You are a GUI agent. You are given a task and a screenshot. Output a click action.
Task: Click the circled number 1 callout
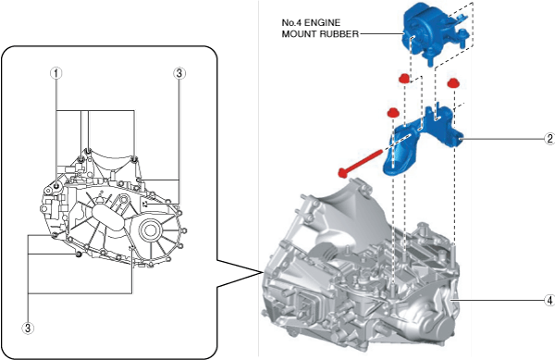(x=55, y=73)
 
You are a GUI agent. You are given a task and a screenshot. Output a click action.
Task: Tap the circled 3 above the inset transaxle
(x=179, y=73)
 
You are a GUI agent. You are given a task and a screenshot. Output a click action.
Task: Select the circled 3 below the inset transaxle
(x=28, y=328)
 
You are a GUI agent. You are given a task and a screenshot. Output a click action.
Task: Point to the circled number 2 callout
(x=549, y=139)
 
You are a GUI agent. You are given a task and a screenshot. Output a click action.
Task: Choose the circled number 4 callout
(x=549, y=301)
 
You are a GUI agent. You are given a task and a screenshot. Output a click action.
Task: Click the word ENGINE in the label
(x=323, y=22)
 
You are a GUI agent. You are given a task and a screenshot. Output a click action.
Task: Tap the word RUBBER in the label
(x=339, y=34)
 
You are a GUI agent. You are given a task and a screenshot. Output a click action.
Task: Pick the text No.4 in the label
(x=291, y=22)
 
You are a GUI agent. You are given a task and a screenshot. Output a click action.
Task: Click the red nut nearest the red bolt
(x=391, y=113)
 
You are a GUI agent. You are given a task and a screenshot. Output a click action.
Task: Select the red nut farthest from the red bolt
(x=452, y=83)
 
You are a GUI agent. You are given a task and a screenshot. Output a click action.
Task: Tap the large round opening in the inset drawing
(x=151, y=230)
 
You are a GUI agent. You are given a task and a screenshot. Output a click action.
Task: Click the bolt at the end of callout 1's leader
(x=56, y=185)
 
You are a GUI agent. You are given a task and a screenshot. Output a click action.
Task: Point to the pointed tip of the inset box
(x=262, y=273)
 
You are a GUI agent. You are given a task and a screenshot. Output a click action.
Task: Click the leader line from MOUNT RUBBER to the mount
(x=381, y=34)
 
